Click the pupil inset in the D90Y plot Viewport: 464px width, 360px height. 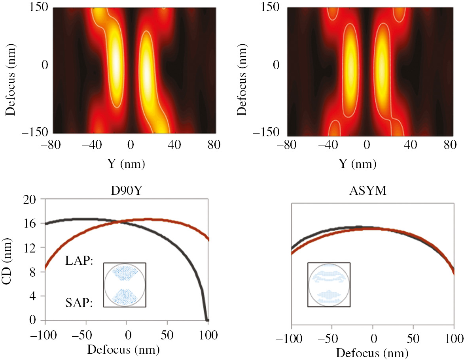pyautogui.click(x=125, y=285)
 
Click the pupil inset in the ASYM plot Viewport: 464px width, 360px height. pyautogui.click(x=329, y=285)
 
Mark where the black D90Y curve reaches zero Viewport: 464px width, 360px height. pyautogui.click(x=206, y=319)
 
